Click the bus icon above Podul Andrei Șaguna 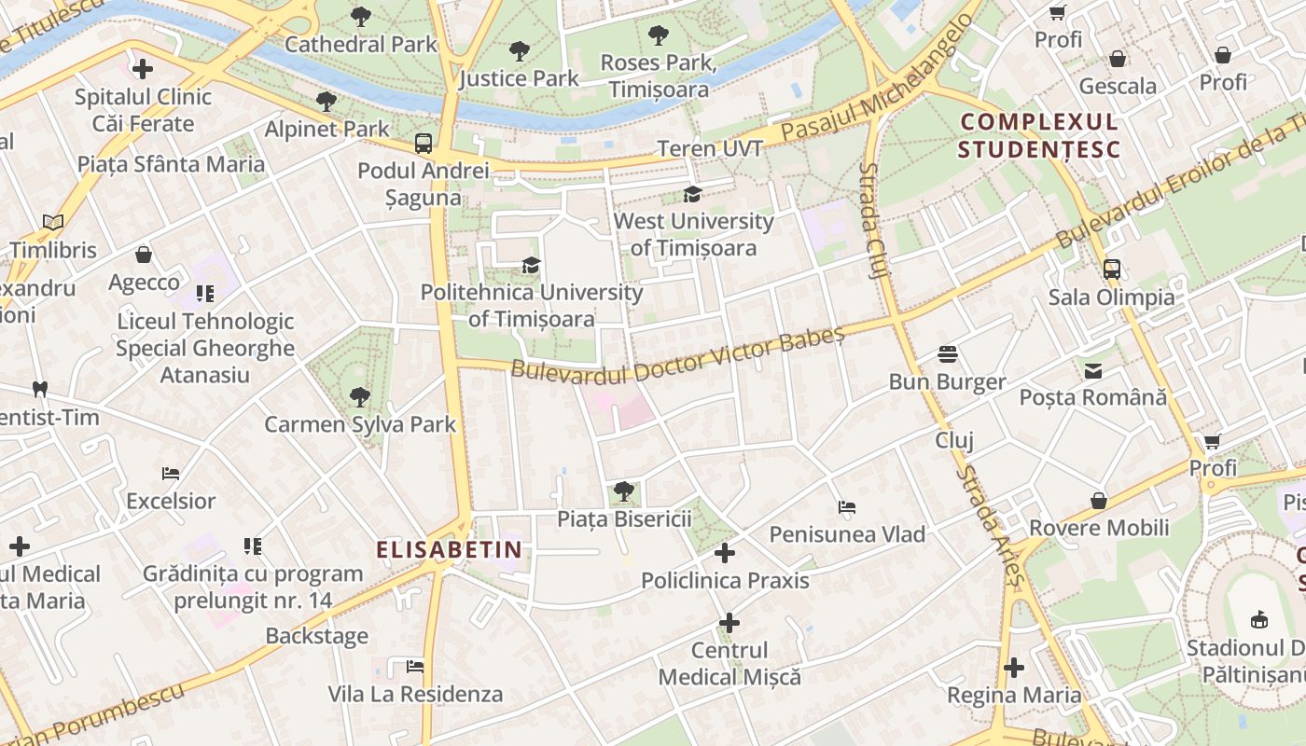coord(424,144)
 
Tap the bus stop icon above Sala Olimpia coord(1111,269)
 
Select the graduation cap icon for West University coord(692,194)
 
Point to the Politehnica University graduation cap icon coord(531,265)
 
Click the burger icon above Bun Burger coord(948,354)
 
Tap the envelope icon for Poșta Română coord(1092,370)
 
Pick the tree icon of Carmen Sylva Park coord(359,397)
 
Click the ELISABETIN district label coord(449,550)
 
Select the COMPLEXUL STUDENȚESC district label coord(1038,135)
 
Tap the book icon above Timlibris coord(53,223)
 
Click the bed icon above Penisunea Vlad coord(847,507)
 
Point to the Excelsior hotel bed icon coord(170,474)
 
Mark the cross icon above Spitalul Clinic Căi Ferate coord(143,69)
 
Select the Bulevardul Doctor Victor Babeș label coord(677,355)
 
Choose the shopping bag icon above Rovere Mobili coord(1099,501)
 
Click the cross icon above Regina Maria coord(1014,668)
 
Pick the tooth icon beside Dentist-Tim coord(39,389)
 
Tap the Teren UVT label coord(710,148)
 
